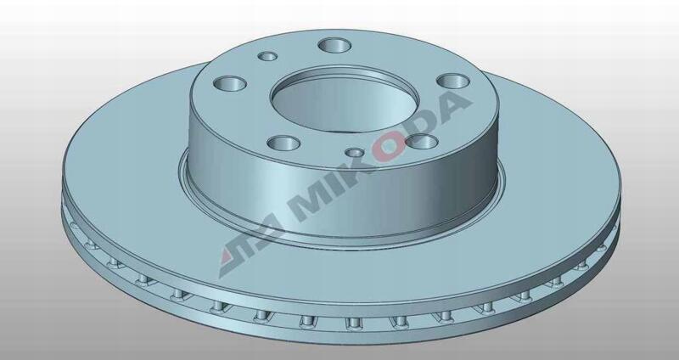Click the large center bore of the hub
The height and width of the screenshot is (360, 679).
tap(345, 103)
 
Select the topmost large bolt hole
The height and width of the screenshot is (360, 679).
tap(334, 45)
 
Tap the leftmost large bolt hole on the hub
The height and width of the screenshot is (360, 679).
tap(230, 83)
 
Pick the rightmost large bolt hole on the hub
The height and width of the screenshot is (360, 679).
tap(453, 81)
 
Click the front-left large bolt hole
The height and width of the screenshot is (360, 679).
tap(283, 143)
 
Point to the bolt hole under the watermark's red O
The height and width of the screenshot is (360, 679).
tap(422, 141)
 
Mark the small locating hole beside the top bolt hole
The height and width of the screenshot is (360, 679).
tap(267, 56)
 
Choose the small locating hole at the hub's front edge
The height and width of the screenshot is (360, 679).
tap(355, 153)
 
